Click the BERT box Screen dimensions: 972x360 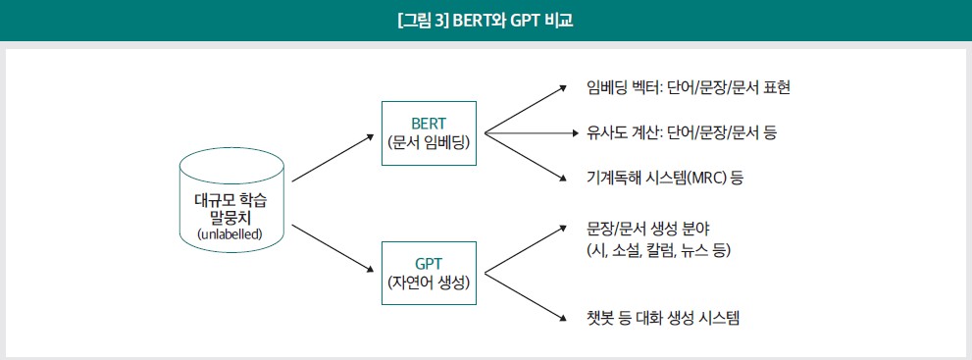[x=429, y=133]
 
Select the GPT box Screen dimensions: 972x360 [x=429, y=273]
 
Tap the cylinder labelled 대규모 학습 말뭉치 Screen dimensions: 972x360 [x=231, y=204]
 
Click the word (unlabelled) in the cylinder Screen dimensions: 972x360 [x=230, y=234]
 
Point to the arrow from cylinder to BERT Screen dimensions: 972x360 [x=333, y=157]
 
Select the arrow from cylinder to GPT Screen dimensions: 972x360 [x=333, y=248]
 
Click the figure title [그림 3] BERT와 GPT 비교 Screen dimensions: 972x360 [x=486, y=20]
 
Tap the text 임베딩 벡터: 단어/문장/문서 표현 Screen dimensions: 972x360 [x=689, y=87]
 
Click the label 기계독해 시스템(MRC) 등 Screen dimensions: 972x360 [x=665, y=178]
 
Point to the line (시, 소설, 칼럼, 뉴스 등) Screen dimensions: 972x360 [x=659, y=251]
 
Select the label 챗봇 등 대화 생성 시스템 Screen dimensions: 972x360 [x=663, y=319]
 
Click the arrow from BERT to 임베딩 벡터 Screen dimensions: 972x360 [x=526, y=109]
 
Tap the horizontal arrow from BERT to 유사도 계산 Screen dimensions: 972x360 [x=527, y=132]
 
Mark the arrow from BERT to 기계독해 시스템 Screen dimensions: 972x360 [x=526, y=156]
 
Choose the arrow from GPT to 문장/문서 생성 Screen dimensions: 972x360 [x=526, y=249]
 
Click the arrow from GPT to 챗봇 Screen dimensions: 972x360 [x=526, y=296]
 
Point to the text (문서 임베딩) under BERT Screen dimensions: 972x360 [x=429, y=142]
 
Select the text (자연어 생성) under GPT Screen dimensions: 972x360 [x=429, y=283]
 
